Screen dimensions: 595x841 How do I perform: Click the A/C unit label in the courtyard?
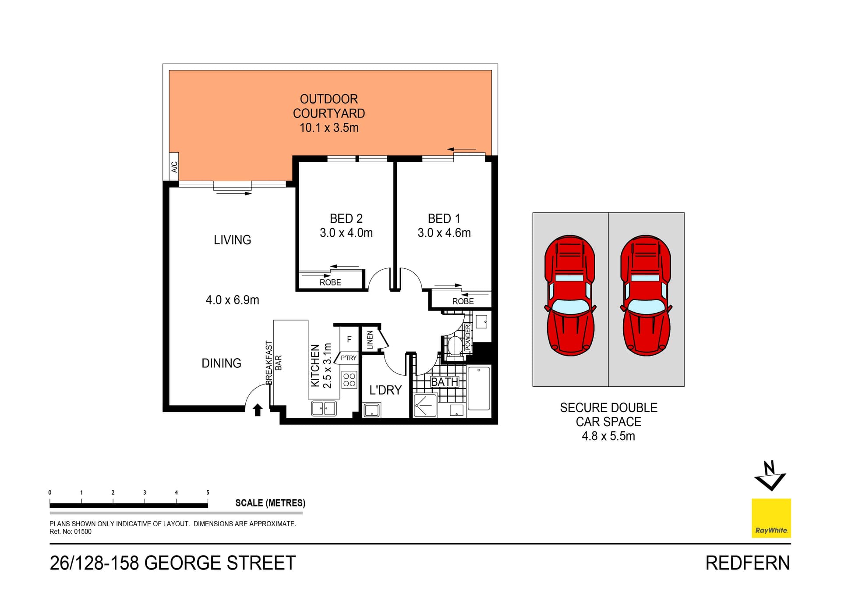point(174,167)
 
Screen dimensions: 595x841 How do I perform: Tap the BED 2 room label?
point(346,218)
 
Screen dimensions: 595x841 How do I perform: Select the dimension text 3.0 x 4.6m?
point(444,233)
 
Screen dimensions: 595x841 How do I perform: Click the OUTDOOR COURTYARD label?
point(329,106)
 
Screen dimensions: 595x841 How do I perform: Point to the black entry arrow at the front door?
point(258,410)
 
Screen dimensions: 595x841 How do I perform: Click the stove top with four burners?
point(349,380)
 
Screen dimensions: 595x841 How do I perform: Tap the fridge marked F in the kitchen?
point(349,339)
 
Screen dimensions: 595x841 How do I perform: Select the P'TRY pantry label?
point(349,358)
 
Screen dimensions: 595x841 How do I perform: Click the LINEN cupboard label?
point(370,340)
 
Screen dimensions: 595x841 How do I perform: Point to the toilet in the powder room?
point(455,346)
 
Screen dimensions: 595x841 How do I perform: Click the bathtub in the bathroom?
point(479,389)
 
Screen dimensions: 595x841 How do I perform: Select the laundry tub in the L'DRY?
point(372,410)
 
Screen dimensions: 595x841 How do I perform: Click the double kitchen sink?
point(324,409)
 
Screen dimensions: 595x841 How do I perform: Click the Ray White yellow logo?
point(771,518)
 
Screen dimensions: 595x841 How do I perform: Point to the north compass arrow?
point(770,476)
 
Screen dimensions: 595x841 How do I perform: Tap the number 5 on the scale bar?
point(208,492)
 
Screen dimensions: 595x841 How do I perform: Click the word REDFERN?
point(747,563)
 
